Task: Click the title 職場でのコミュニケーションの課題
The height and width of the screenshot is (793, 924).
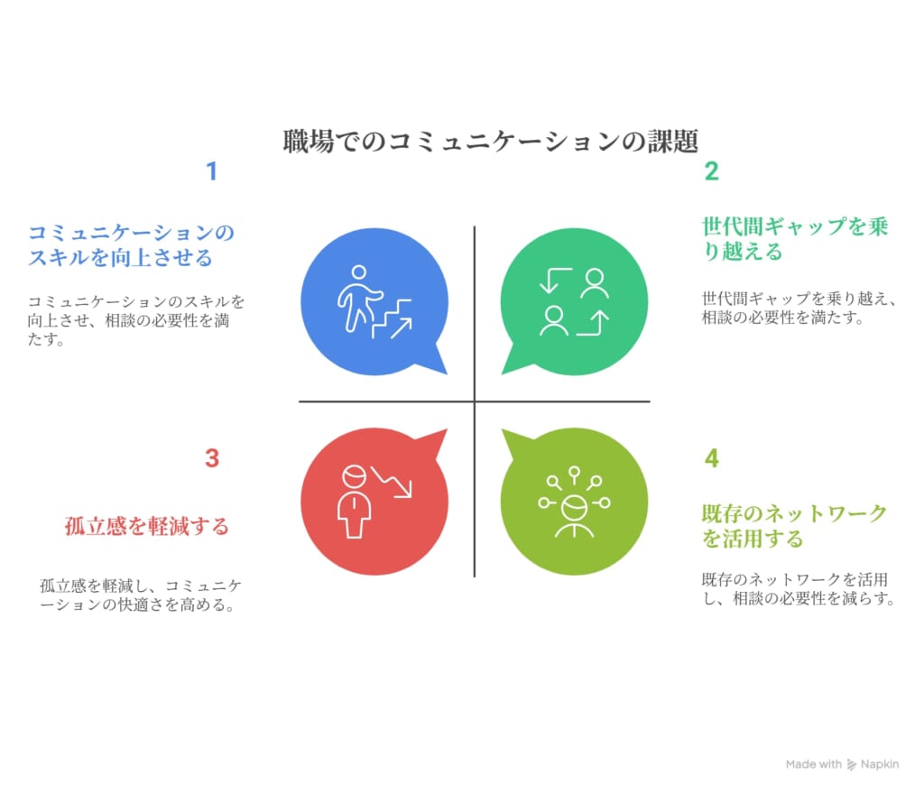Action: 490,142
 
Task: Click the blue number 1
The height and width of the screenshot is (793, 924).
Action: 212,171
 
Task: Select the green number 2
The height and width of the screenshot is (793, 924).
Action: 711,171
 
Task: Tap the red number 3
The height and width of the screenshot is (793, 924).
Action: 212,458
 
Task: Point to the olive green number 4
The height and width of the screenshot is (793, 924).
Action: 712,458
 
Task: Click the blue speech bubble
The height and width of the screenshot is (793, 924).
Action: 374,301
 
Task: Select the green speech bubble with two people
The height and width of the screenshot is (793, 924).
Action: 574,301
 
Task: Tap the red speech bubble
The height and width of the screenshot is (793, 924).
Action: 374,502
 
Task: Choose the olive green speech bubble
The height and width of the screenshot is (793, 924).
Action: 574,502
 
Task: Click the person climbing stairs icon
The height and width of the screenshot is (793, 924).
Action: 374,301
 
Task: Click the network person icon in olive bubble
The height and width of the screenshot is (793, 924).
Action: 574,502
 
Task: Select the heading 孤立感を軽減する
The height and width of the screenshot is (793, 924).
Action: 147,526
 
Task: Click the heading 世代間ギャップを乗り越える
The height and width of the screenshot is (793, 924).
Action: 794,238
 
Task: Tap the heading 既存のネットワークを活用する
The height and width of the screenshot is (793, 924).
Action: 794,526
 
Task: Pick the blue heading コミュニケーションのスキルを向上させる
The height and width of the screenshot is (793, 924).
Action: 131,245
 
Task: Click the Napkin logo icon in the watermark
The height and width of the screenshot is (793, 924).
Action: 852,765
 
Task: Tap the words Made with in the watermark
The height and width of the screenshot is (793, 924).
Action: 814,764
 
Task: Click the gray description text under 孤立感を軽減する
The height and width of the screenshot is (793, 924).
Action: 140,595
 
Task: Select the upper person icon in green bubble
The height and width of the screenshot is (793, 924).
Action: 595,283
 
